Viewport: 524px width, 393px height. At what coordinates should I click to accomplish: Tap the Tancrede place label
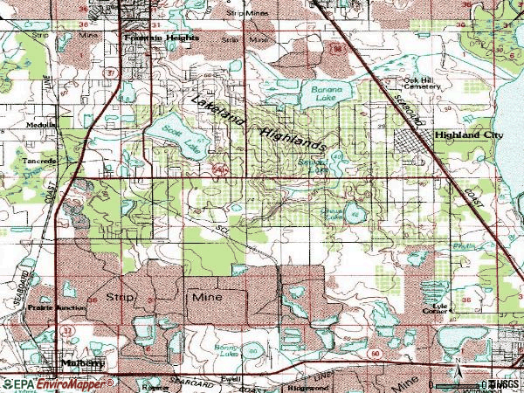pyautogui.click(x=39, y=162)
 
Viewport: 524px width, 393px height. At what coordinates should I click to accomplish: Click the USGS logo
pyautogui.click(x=503, y=384)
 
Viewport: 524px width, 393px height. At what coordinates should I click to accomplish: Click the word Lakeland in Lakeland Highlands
pyautogui.click(x=217, y=114)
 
